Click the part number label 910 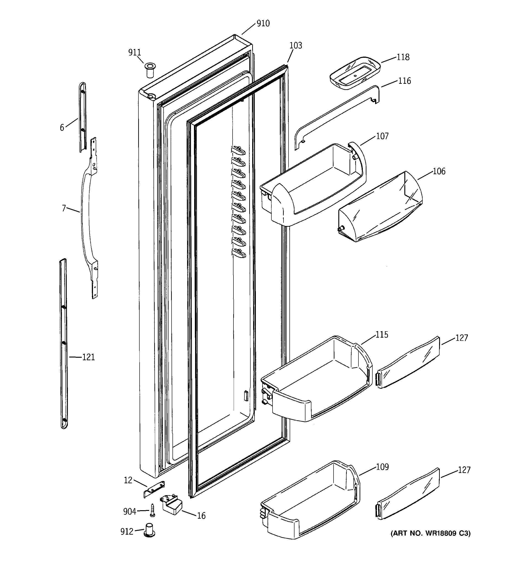tap(263, 24)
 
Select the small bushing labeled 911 tap(150, 70)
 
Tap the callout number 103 tap(296, 45)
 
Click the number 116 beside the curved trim tap(404, 81)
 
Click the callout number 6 tap(62, 128)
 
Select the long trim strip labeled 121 tap(64, 344)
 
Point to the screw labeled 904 tap(153, 511)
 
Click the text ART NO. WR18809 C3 tap(430, 533)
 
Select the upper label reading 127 tap(461, 338)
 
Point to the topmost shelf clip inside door tap(238, 150)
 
